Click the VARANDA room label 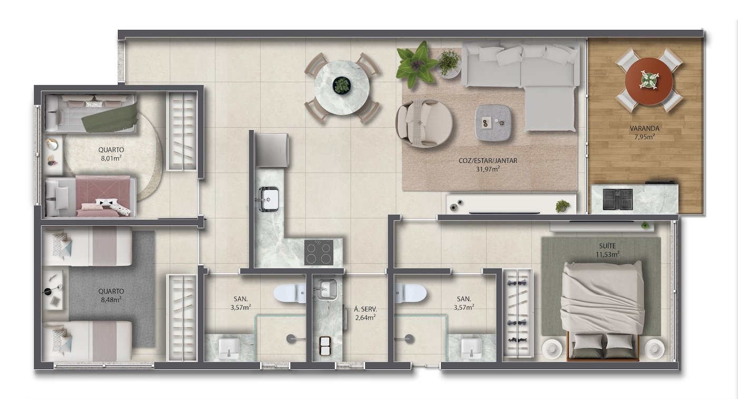644,128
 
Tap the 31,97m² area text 488,169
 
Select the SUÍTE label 608,246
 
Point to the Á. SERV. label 365,309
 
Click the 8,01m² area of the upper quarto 111,158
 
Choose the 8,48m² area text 111,300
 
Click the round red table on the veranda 649,81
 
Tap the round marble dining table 342,87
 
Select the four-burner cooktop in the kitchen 318,252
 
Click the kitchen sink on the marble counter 269,199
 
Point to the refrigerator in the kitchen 273,150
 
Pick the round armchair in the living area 424,123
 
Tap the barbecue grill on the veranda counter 617,199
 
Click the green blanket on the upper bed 110,117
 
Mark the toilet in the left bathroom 290,293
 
